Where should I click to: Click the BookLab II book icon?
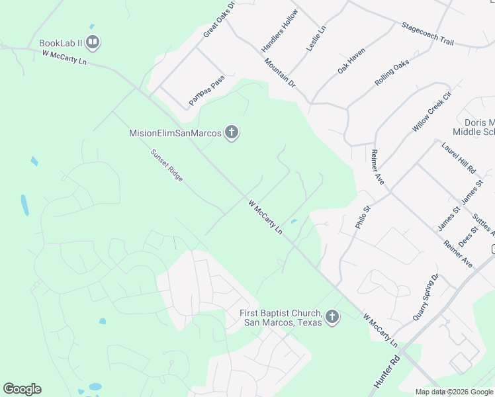[x=93, y=44]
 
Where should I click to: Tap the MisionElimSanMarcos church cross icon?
[x=231, y=133]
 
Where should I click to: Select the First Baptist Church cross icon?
[x=332, y=318]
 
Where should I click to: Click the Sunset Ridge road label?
[x=166, y=165]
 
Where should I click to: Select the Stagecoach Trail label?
[x=427, y=34]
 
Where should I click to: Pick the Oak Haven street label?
[x=351, y=60]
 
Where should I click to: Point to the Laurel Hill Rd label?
[x=459, y=157]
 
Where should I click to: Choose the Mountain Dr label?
[x=280, y=73]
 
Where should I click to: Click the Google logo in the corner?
[x=22, y=389]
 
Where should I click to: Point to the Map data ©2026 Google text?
[x=453, y=392]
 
